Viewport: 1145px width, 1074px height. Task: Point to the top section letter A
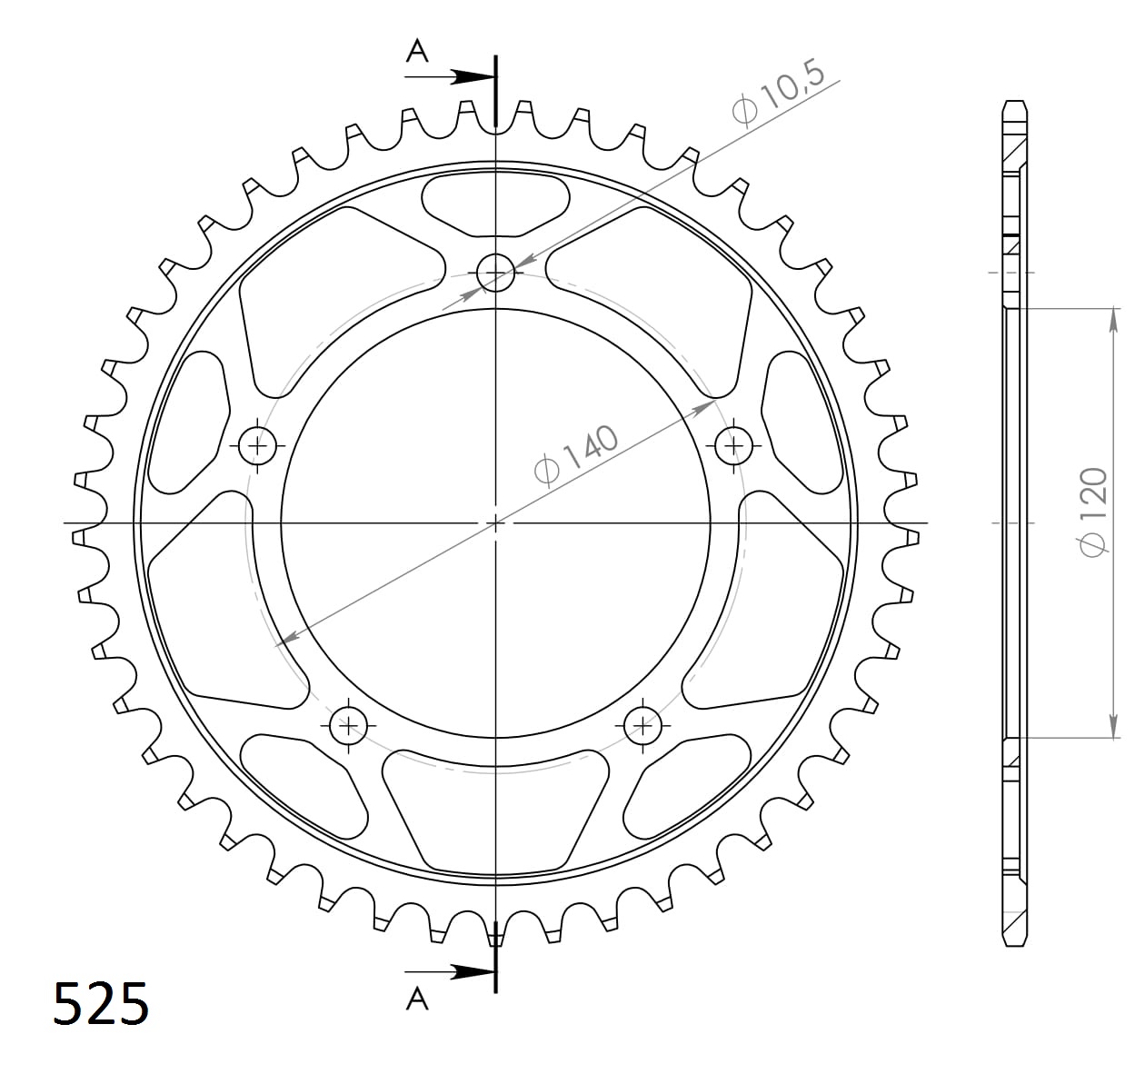pos(417,52)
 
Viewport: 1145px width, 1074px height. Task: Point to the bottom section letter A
pos(417,999)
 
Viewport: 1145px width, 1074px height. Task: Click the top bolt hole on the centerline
pos(495,271)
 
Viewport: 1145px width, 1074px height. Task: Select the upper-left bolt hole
pos(258,445)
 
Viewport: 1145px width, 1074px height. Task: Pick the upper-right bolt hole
pos(733,445)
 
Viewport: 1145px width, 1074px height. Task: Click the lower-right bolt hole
pos(643,725)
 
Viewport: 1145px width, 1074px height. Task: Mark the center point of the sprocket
pos(495,523)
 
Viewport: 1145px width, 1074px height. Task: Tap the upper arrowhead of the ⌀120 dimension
pos(1113,319)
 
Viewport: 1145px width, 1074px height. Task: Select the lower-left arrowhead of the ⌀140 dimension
pos(286,640)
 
